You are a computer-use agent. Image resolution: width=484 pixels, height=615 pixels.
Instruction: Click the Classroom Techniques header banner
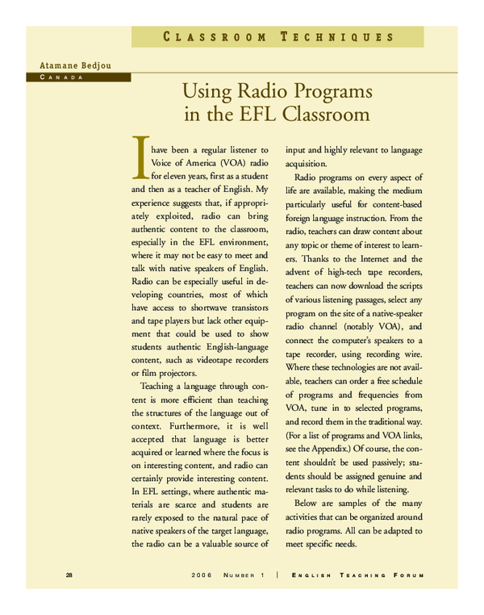[x=278, y=37]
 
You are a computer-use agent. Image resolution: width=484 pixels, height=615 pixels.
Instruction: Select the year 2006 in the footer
[x=202, y=575]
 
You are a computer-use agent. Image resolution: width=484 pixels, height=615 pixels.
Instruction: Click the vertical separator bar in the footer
[x=277, y=575]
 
